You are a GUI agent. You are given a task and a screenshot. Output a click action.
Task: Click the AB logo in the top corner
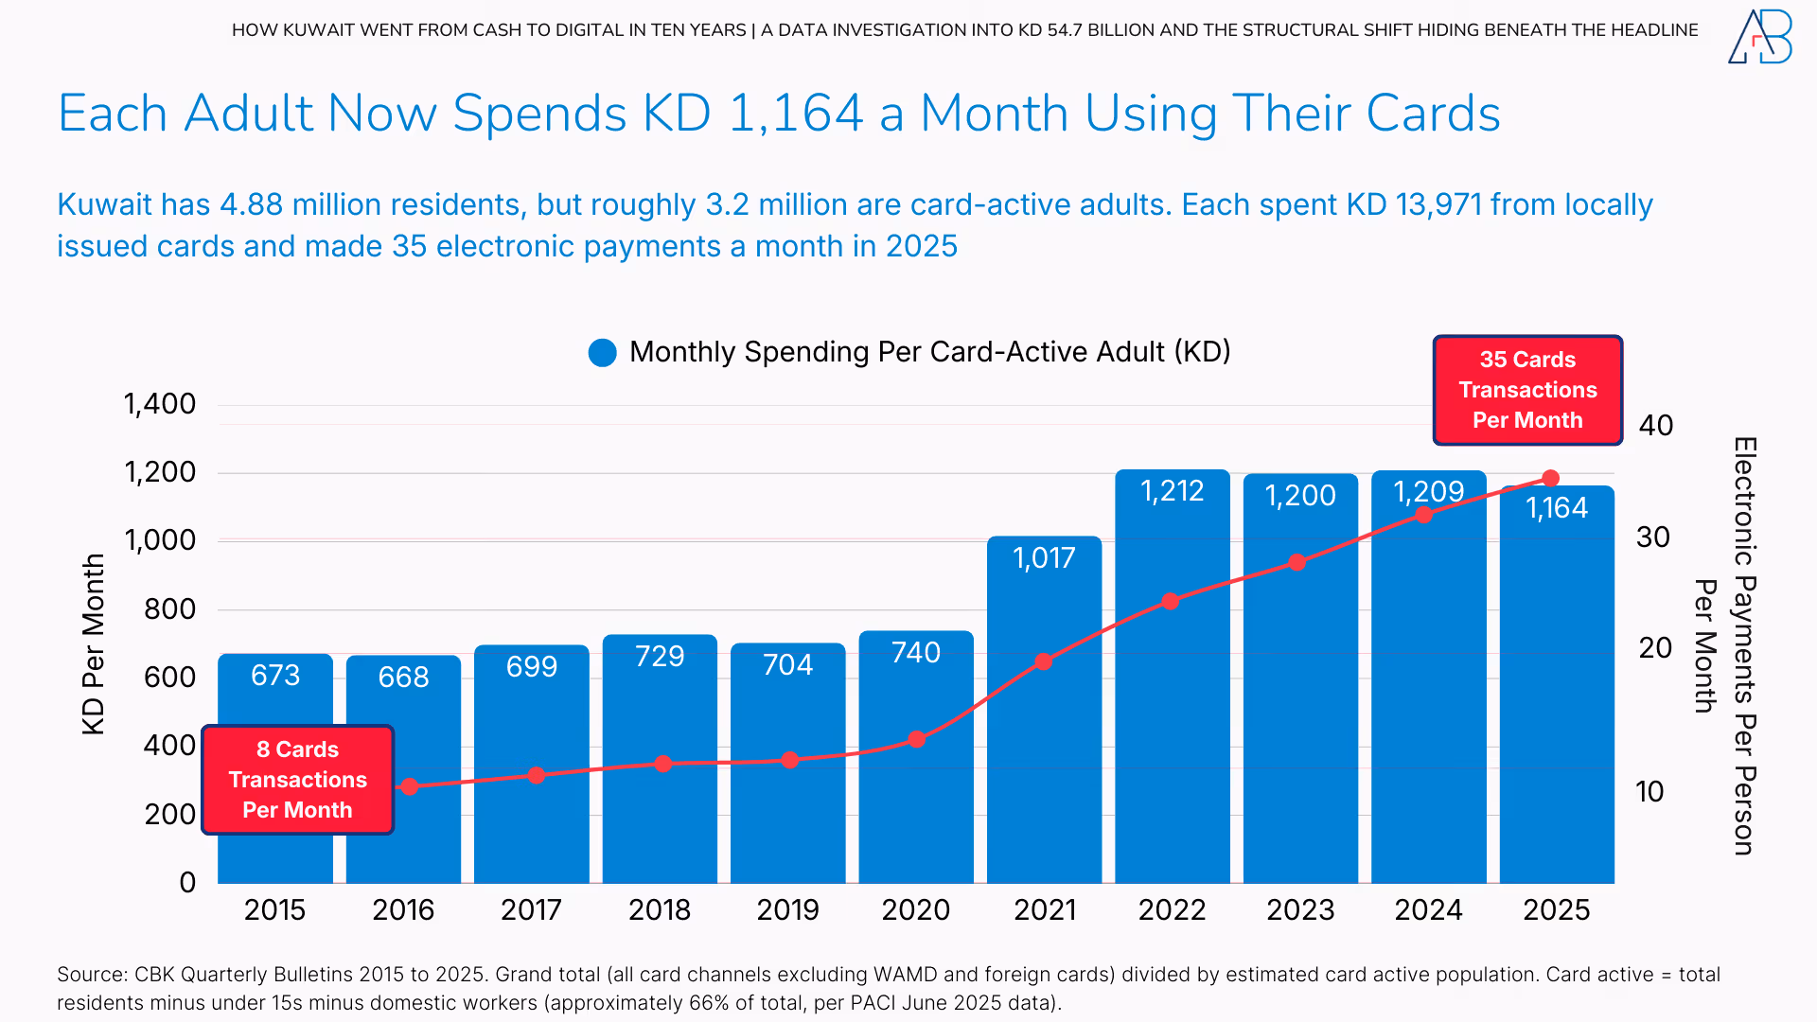click(1759, 38)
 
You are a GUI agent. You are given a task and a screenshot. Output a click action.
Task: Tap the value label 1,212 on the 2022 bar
click(1172, 491)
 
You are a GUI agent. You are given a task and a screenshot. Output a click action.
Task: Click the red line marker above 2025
click(1550, 479)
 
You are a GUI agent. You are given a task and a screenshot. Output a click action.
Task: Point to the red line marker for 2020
click(916, 739)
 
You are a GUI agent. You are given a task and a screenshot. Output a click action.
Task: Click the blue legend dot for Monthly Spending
click(602, 353)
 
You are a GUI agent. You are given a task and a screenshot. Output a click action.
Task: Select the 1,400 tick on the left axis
click(160, 404)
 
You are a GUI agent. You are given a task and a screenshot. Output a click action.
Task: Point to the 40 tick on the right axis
click(1655, 426)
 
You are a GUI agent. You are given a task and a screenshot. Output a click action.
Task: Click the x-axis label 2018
click(659, 910)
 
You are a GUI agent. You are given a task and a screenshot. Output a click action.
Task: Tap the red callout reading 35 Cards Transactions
click(1527, 390)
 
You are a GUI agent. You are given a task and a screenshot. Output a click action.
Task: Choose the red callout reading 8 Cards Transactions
click(297, 780)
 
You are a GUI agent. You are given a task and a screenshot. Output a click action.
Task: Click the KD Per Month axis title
click(93, 644)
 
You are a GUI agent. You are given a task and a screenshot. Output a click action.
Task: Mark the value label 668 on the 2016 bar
click(403, 678)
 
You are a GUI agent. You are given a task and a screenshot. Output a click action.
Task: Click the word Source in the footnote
click(91, 975)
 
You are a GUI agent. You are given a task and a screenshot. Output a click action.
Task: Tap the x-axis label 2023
click(1299, 910)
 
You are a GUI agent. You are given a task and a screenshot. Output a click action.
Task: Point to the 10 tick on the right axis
click(1649, 792)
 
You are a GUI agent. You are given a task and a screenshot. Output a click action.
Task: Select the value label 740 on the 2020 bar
click(915, 653)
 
